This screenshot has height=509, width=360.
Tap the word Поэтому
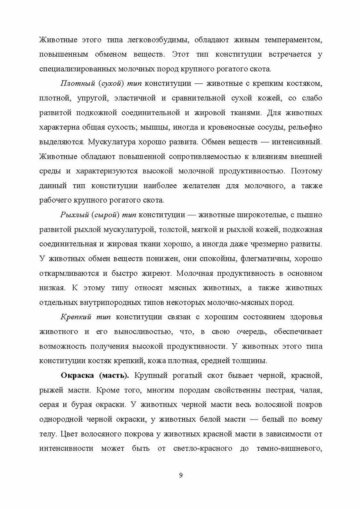(x=306, y=171)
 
